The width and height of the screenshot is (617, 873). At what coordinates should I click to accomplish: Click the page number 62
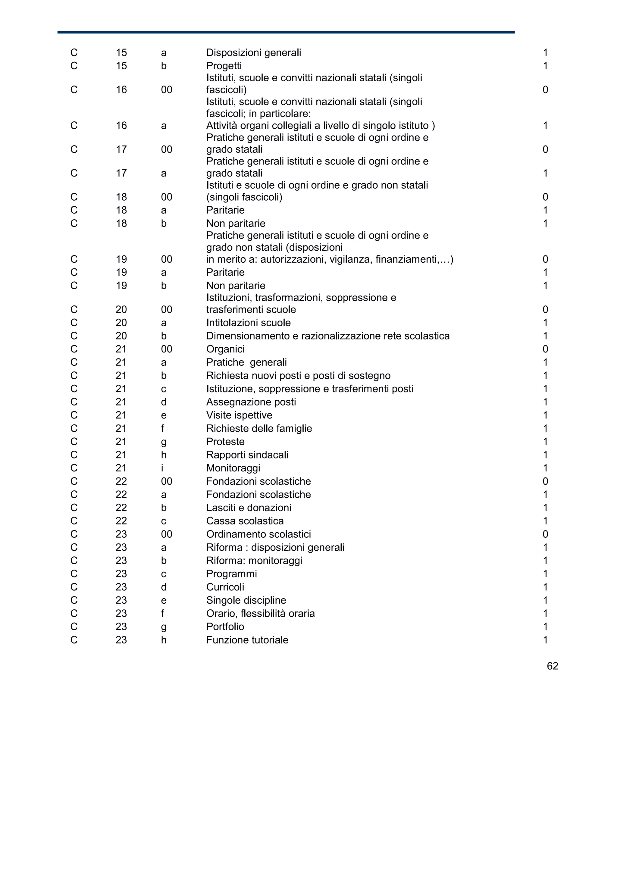552,666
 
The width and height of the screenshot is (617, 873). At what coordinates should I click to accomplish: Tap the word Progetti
224,66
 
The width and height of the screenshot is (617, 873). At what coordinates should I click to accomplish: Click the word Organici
225,349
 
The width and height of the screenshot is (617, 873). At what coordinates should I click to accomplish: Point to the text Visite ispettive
239,415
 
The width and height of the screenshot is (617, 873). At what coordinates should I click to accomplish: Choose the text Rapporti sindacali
247,455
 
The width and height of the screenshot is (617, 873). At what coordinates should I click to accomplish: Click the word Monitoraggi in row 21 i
233,468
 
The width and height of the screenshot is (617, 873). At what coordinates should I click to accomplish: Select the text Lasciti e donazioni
249,508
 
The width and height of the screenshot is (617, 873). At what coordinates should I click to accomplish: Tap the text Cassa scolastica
245,521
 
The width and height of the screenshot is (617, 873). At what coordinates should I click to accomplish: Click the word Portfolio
225,627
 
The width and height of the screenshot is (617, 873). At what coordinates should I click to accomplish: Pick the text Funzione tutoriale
247,640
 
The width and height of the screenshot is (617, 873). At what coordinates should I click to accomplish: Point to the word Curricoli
225,587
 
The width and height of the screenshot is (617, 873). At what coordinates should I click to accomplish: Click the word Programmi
231,574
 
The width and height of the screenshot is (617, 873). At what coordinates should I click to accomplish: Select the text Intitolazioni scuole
248,323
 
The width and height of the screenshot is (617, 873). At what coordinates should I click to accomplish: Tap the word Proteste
225,442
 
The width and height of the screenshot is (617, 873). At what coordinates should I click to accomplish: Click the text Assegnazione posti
251,402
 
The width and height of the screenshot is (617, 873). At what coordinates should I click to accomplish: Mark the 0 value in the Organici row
545,349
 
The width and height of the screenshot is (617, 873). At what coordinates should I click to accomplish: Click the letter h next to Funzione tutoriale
164,640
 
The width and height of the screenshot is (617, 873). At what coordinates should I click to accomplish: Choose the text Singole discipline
246,600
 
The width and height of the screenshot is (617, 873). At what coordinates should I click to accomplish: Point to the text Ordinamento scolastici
258,534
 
